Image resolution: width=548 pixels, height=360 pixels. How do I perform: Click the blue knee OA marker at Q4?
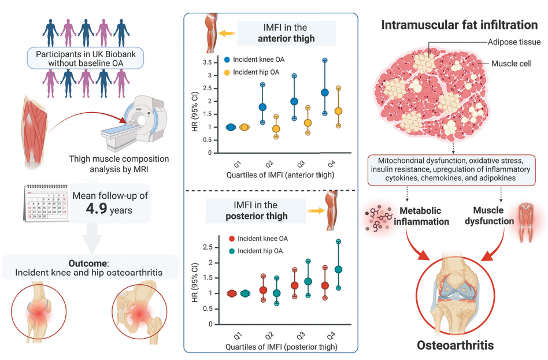324,92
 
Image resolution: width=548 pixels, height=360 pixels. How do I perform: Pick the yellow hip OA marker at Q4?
339,110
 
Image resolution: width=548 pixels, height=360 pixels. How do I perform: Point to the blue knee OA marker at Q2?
262,107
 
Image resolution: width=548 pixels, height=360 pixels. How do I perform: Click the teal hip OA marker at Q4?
339,269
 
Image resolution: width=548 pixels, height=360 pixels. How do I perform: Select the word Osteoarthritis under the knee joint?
455,345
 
